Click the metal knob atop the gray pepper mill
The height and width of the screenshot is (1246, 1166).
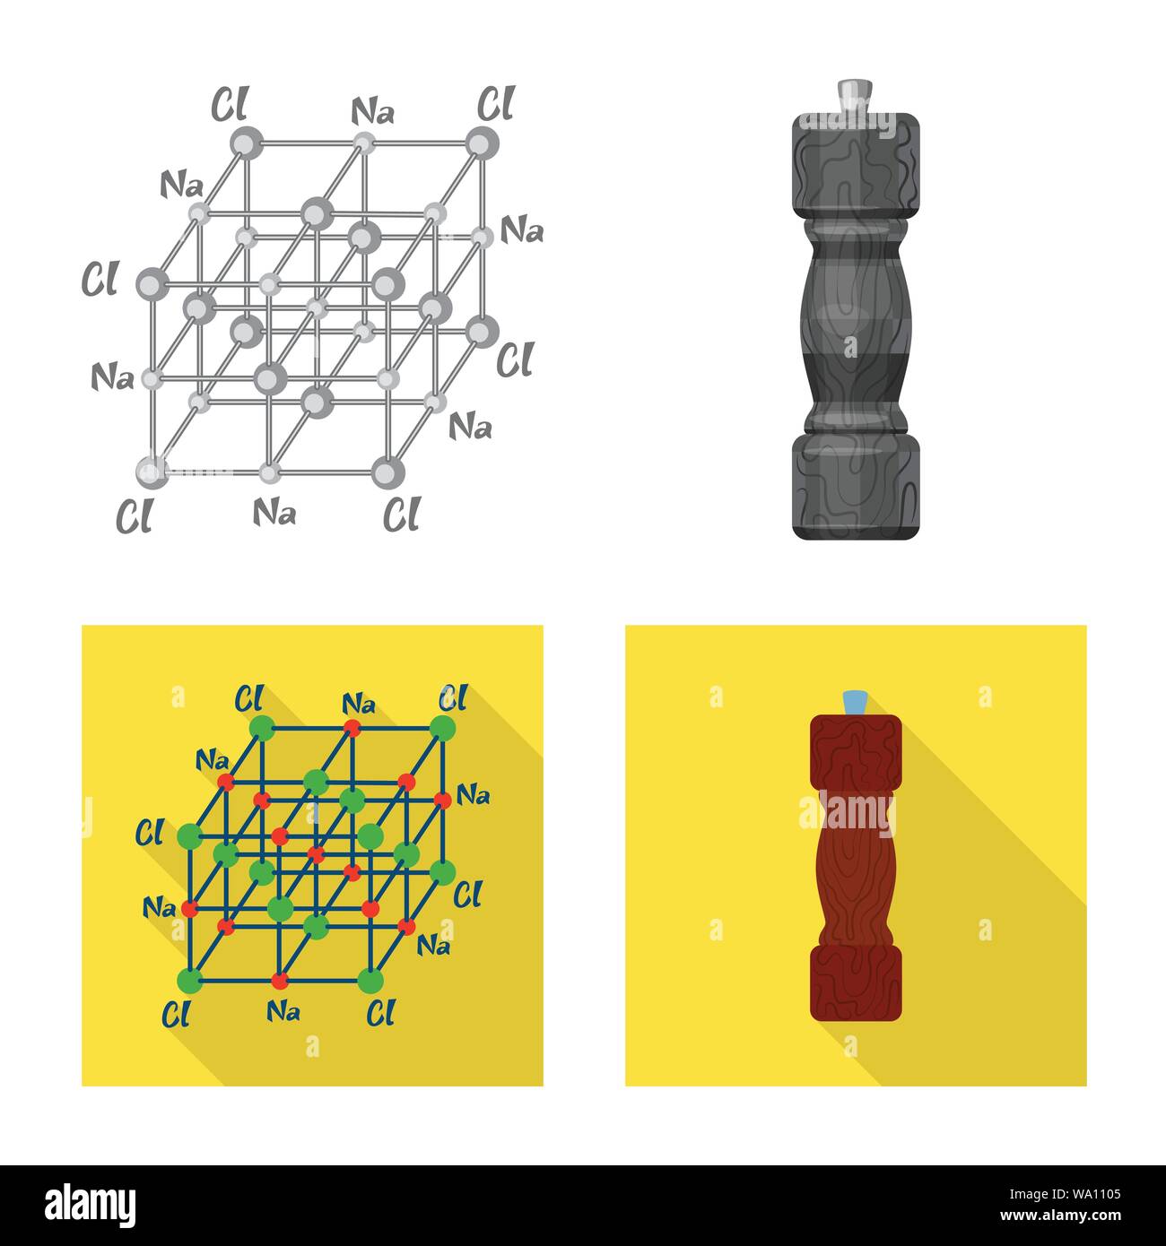click(x=855, y=97)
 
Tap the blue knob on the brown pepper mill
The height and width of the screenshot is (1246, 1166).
click(x=855, y=703)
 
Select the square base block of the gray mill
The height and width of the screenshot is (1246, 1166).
click(x=856, y=487)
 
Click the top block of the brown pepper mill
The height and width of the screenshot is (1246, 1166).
click(x=856, y=753)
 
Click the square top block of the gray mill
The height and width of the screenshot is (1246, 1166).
click(x=856, y=166)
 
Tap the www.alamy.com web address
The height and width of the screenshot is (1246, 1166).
click(x=1060, y=1216)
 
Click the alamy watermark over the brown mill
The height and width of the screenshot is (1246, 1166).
click(x=848, y=814)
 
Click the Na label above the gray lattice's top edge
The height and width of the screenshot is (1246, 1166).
click(x=372, y=112)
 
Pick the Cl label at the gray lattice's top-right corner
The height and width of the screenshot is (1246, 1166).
click(x=496, y=103)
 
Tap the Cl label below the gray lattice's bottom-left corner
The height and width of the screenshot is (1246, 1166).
click(x=134, y=515)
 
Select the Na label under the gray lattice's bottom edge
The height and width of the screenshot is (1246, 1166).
click(x=274, y=512)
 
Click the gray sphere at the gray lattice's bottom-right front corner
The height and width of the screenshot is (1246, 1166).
click(x=387, y=472)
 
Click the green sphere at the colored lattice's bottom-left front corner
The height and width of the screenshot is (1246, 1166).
click(x=189, y=982)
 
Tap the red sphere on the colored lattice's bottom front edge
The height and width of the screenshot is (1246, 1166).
click(x=280, y=982)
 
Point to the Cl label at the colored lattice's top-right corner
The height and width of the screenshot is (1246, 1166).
click(x=453, y=697)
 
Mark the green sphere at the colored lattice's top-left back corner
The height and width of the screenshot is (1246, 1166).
click(x=262, y=729)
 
